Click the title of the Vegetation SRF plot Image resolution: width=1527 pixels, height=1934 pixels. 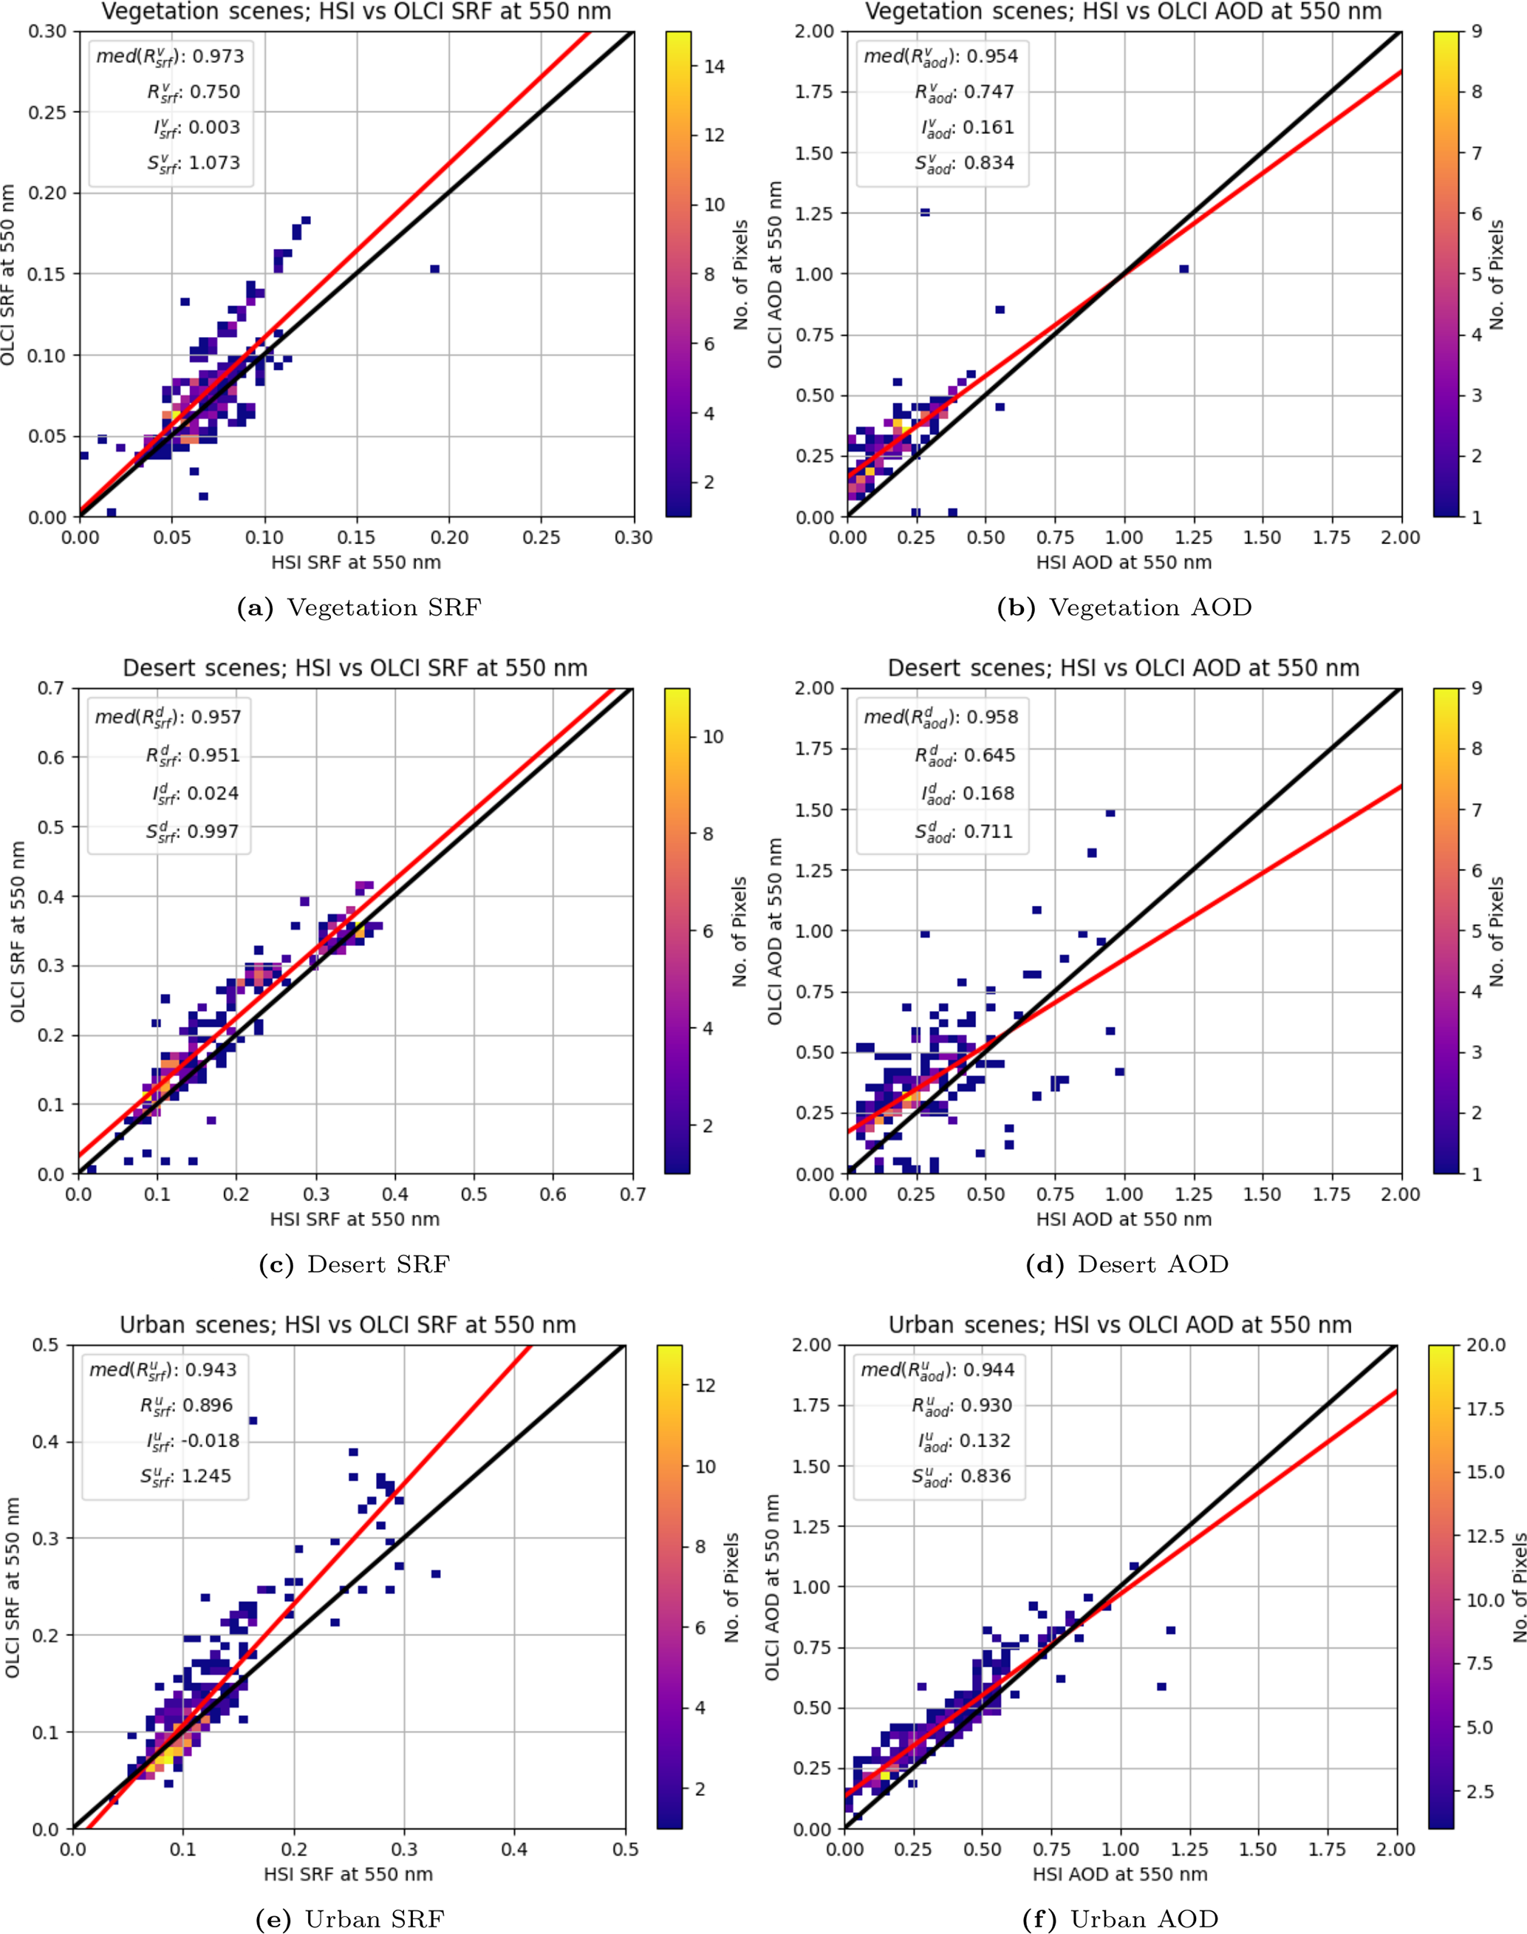(356, 12)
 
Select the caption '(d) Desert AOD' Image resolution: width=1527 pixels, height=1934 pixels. (1152, 1264)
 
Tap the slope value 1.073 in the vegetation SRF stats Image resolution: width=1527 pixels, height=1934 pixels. (214, 163)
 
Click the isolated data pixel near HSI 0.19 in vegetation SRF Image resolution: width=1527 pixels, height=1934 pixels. (434, 269)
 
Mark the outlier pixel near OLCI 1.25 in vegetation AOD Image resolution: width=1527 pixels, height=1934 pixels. (924, 212)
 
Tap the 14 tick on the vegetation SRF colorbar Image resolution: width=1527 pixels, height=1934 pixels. (714, 67)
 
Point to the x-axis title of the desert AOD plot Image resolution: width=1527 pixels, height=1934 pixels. (1123, 1219)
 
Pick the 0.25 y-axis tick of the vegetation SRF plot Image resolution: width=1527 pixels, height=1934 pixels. (47, 112)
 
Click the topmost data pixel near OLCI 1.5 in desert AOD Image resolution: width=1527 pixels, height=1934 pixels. (1110, 813)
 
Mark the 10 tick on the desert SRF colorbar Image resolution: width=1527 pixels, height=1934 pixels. (713, 737)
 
